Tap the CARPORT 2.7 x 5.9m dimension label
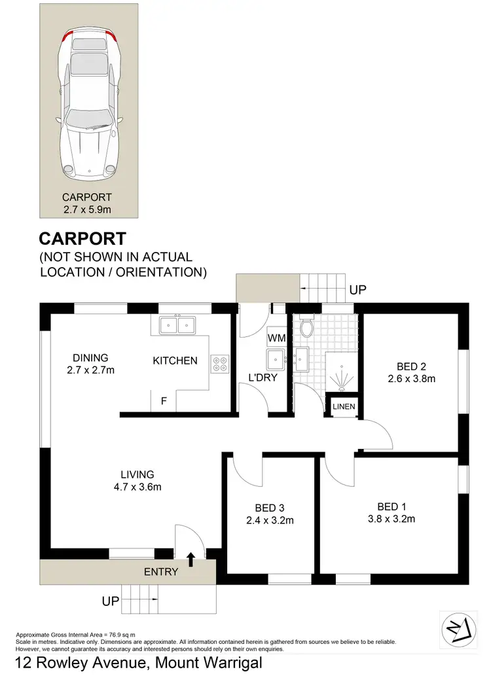(87, 203)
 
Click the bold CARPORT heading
(82, 238)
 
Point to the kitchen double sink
(177, 325)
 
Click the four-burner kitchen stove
(219, 363)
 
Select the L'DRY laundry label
(261, 378)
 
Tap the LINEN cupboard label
(344, 407)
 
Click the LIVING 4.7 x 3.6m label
(137, 480)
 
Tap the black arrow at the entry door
(191, 558)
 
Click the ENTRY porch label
(161, 571)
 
